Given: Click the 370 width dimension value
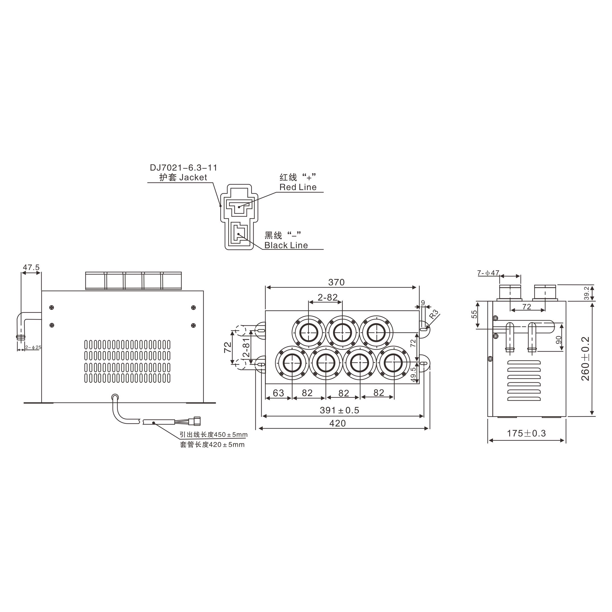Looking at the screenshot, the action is tap(336, 282).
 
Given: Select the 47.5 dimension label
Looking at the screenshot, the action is tap(31, 268).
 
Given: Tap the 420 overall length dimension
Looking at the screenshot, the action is tap(337, 423).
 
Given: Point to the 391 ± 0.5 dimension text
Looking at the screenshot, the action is tap(340, 410).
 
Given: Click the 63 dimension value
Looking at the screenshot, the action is tap(278, 393).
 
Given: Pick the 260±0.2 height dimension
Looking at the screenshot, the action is tap(586, 359).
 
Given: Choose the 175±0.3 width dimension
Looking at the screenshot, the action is tap(527, 433).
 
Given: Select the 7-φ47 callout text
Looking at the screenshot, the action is tap(488, 273).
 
